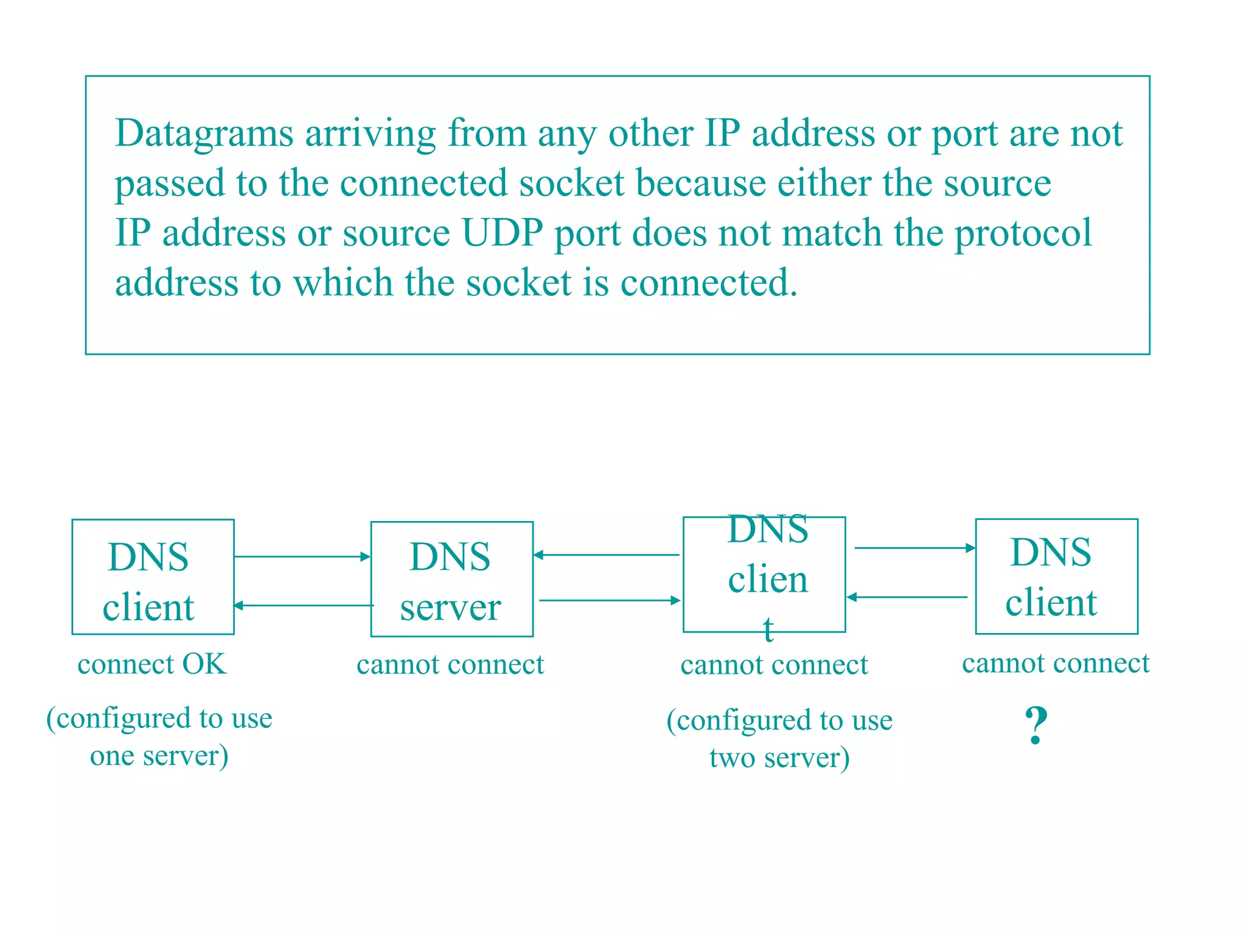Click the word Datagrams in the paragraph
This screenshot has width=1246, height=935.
point(204,134)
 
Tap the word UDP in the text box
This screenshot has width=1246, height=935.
point(502,233)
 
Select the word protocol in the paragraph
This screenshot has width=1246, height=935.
point(1023,233)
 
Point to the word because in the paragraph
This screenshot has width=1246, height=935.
point(701,183)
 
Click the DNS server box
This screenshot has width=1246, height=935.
point(451,579)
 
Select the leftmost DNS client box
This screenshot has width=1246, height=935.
point(153,576)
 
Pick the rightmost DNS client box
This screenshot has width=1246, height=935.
point(1056,576)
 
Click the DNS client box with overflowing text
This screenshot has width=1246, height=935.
point(764,575)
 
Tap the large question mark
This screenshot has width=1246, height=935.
point(1035,726)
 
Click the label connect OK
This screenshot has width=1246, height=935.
point(151,664)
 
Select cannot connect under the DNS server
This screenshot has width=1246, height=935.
point(450,665)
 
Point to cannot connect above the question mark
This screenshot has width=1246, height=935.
point(1056,663)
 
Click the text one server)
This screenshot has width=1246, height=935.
point(159,756)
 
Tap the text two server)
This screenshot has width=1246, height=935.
point(779,758)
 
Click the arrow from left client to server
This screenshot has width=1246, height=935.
point(302,556)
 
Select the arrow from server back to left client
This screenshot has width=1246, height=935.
point(303,605)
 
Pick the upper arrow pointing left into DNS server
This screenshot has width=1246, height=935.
point(606,555)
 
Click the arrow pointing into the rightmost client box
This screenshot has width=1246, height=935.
point(914,548)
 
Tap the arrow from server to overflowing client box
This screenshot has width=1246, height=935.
point(610,600)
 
